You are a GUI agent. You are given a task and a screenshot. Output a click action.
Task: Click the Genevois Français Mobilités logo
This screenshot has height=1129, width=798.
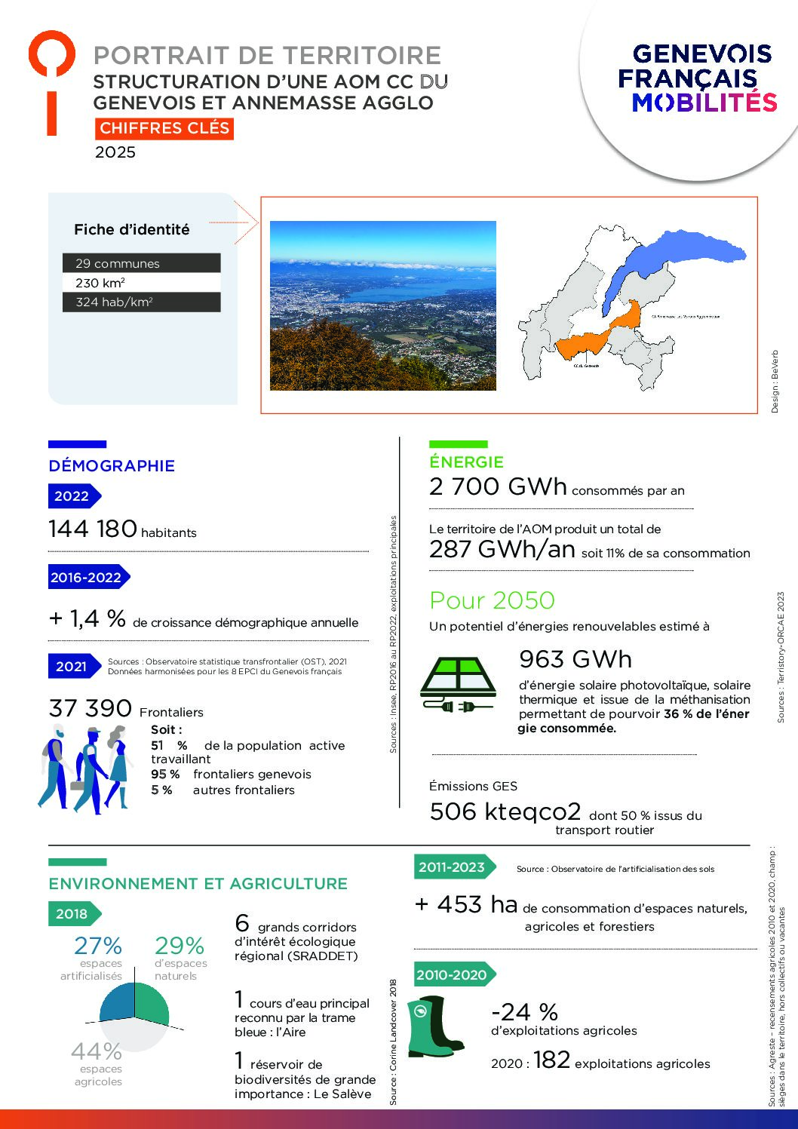[x=696, y=78]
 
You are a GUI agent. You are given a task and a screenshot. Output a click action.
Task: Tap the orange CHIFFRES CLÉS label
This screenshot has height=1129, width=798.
[x=164, y=128]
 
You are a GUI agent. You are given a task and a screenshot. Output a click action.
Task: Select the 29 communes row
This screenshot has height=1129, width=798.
[x=141, y=263]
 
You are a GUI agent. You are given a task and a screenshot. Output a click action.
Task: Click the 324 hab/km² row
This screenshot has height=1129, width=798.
[x=141, y=302]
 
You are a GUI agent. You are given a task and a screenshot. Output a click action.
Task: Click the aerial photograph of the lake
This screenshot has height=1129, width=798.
[x=382, y=305]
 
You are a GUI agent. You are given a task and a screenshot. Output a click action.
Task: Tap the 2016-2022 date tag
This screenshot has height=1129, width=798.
[x=87, y=578]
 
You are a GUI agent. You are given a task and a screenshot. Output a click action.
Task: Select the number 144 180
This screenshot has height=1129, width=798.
[x=93, y=529]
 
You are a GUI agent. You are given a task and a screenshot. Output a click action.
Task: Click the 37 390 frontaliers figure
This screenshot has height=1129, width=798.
[x=91, y=708]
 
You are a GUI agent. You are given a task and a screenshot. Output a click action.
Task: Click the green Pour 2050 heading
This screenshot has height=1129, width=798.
[x=492, y=600]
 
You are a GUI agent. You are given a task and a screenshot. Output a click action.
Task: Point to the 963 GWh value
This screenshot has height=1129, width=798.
[x=575, y=659]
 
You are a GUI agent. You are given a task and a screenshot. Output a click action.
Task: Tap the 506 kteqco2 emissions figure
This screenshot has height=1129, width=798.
[x=505, y=811]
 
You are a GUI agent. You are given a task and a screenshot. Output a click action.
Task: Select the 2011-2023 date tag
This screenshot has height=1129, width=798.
[x=453, y=867]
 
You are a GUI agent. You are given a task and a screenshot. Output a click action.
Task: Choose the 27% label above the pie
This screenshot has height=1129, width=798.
[x=97, y=946]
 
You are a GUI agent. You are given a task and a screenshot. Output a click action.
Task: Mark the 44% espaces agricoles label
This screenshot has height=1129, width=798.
[x=97, y=1051]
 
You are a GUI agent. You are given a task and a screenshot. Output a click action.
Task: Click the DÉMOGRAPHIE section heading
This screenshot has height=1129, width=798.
[x=112, y=466]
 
